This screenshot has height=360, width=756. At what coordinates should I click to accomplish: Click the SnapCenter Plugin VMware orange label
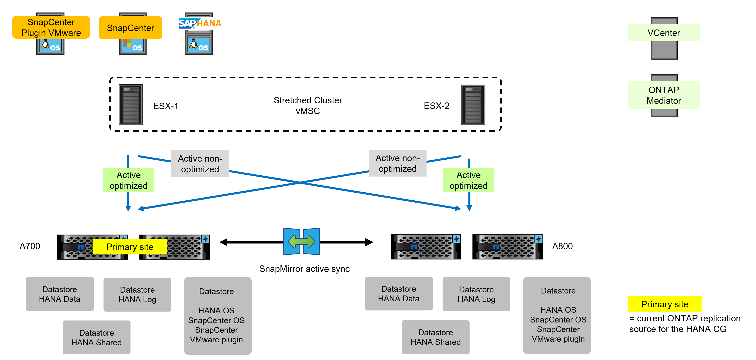click(x=51, y=27)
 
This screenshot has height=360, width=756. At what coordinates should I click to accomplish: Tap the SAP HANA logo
click(x=200, y=23)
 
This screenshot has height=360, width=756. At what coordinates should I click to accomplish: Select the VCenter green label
click(x=664, y=33)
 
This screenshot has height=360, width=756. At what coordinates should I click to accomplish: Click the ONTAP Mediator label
click(x=664, y=95)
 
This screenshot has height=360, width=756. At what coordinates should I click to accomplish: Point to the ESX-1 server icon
click(x=130, y=105)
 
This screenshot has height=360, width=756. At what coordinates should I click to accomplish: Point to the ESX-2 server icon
click(x=473, y=105)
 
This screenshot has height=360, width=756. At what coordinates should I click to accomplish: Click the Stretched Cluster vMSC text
click(x=308, y=105)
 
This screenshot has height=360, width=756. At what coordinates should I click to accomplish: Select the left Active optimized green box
click(x=128, y=180)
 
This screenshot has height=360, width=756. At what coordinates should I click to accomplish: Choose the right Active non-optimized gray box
click(x=397, y=164)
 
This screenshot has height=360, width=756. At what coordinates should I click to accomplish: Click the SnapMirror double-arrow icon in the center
click(x=301, y=241)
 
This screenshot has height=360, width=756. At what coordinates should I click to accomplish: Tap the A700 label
click(x=30, y=246)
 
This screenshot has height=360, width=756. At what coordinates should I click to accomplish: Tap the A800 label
click(x=562, y=246)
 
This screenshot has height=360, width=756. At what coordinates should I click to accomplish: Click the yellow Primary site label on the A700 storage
click(x=129, y=247)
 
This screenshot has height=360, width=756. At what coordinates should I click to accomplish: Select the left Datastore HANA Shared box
click(x=97, y=337)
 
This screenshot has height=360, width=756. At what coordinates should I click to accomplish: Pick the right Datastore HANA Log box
click(x=476, y=294)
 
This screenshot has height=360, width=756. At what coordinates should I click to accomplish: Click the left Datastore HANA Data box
click(x=60, y=294)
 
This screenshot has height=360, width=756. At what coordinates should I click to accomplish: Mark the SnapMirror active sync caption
click(x=304, y=269)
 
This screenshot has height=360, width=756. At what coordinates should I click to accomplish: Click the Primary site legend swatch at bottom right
click(x=665, y=304)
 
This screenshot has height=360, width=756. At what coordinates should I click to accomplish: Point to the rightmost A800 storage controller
click(x=507, y=247)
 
